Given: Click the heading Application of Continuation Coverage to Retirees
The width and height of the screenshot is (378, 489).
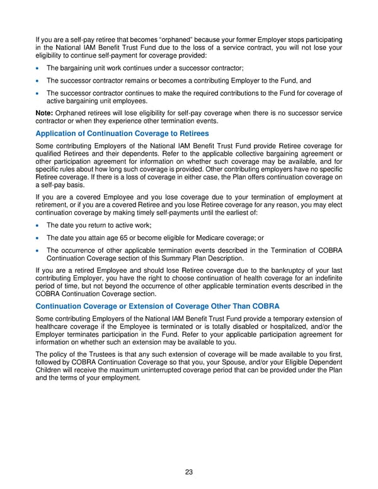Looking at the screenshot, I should tap(122, 134).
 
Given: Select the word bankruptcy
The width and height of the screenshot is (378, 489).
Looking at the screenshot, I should tap(272, 272).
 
